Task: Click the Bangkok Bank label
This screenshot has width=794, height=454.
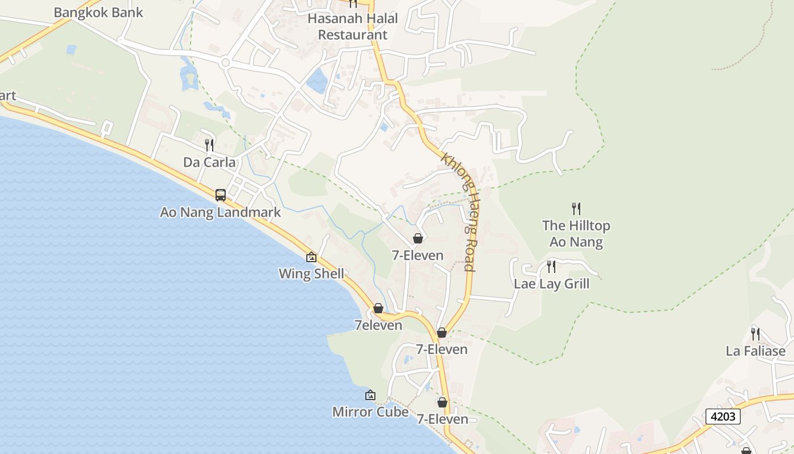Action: coord(98,12)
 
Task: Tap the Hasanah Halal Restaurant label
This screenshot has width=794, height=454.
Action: coord(352,27)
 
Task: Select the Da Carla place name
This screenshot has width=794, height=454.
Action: coord(209,162)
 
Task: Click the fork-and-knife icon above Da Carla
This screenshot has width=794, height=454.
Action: coord(209,145)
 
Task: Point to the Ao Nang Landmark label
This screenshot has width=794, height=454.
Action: coord(220,212)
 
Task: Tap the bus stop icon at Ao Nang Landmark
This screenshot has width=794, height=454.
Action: coord(221,195)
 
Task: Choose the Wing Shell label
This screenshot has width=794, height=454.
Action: coord(311,274)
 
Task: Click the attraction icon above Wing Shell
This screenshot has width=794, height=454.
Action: coord(311,257)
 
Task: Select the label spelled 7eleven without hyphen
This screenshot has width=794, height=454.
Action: coord(378,325)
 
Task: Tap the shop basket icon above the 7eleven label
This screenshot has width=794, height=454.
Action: coord(378,308)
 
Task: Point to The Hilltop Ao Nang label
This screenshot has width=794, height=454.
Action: coord(576,234)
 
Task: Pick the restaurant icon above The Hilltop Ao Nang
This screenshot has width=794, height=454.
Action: coord(576,208)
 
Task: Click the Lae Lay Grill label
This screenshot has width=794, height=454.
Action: coord(551,284)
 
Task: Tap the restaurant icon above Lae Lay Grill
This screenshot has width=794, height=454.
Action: coord(551,266)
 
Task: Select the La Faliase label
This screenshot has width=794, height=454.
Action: coord(755,351)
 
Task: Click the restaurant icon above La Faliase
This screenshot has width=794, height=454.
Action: coord(755,334)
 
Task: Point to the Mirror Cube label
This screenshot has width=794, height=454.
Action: coord(370,411)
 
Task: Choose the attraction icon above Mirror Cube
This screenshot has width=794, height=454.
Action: coord(370,395)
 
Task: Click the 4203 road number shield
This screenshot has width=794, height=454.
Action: coord(723,417)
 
